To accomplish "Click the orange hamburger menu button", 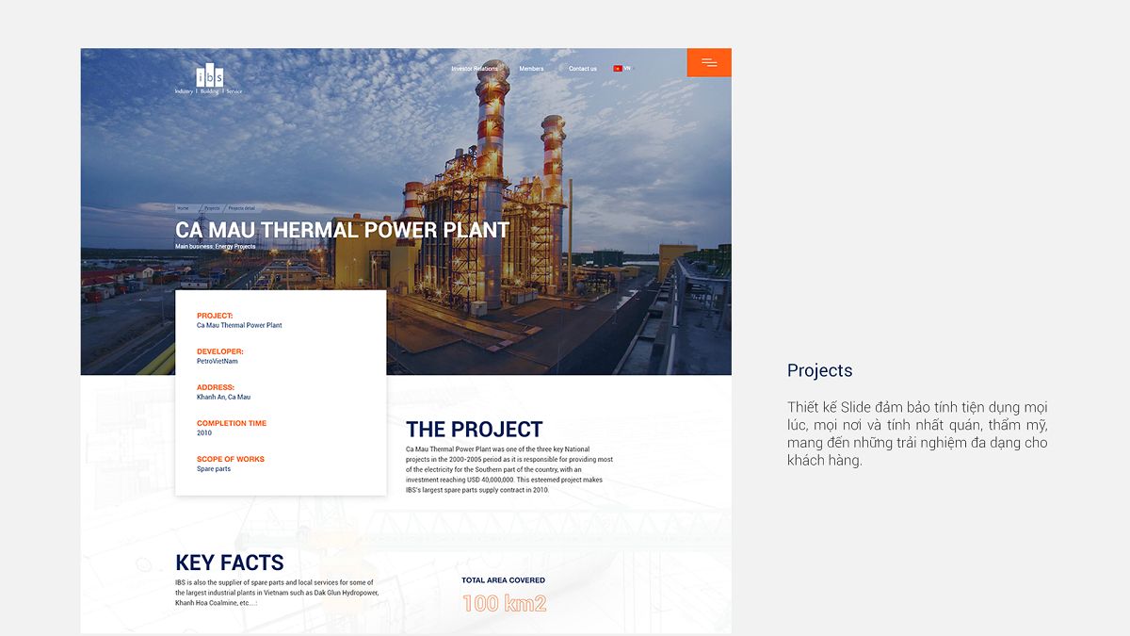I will coord(709,62).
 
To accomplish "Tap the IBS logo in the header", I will coord(209,77).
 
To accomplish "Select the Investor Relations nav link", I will coord(475,69).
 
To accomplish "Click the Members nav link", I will coord(531,69).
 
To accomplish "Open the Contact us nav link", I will coord(582,69).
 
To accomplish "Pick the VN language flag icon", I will coord(618,69).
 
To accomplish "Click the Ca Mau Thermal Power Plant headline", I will coord(342,230).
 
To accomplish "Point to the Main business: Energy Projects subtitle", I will coord(215,247).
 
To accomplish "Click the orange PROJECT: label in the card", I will coord(215,316).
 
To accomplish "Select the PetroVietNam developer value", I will coord(218,361).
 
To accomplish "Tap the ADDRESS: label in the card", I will coord(216,387).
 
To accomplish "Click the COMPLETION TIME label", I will coord(232,423).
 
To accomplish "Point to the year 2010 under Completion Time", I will coord(204,433).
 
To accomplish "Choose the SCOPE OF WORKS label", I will coord(231,459).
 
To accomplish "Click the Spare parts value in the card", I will coord(214,469).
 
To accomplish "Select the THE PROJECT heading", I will coord(474,430).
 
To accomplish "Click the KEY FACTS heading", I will coord(229,563).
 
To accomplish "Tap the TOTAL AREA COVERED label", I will coord(503,580).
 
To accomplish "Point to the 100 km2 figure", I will coord(504,604).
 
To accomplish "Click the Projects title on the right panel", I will coord(819,370).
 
